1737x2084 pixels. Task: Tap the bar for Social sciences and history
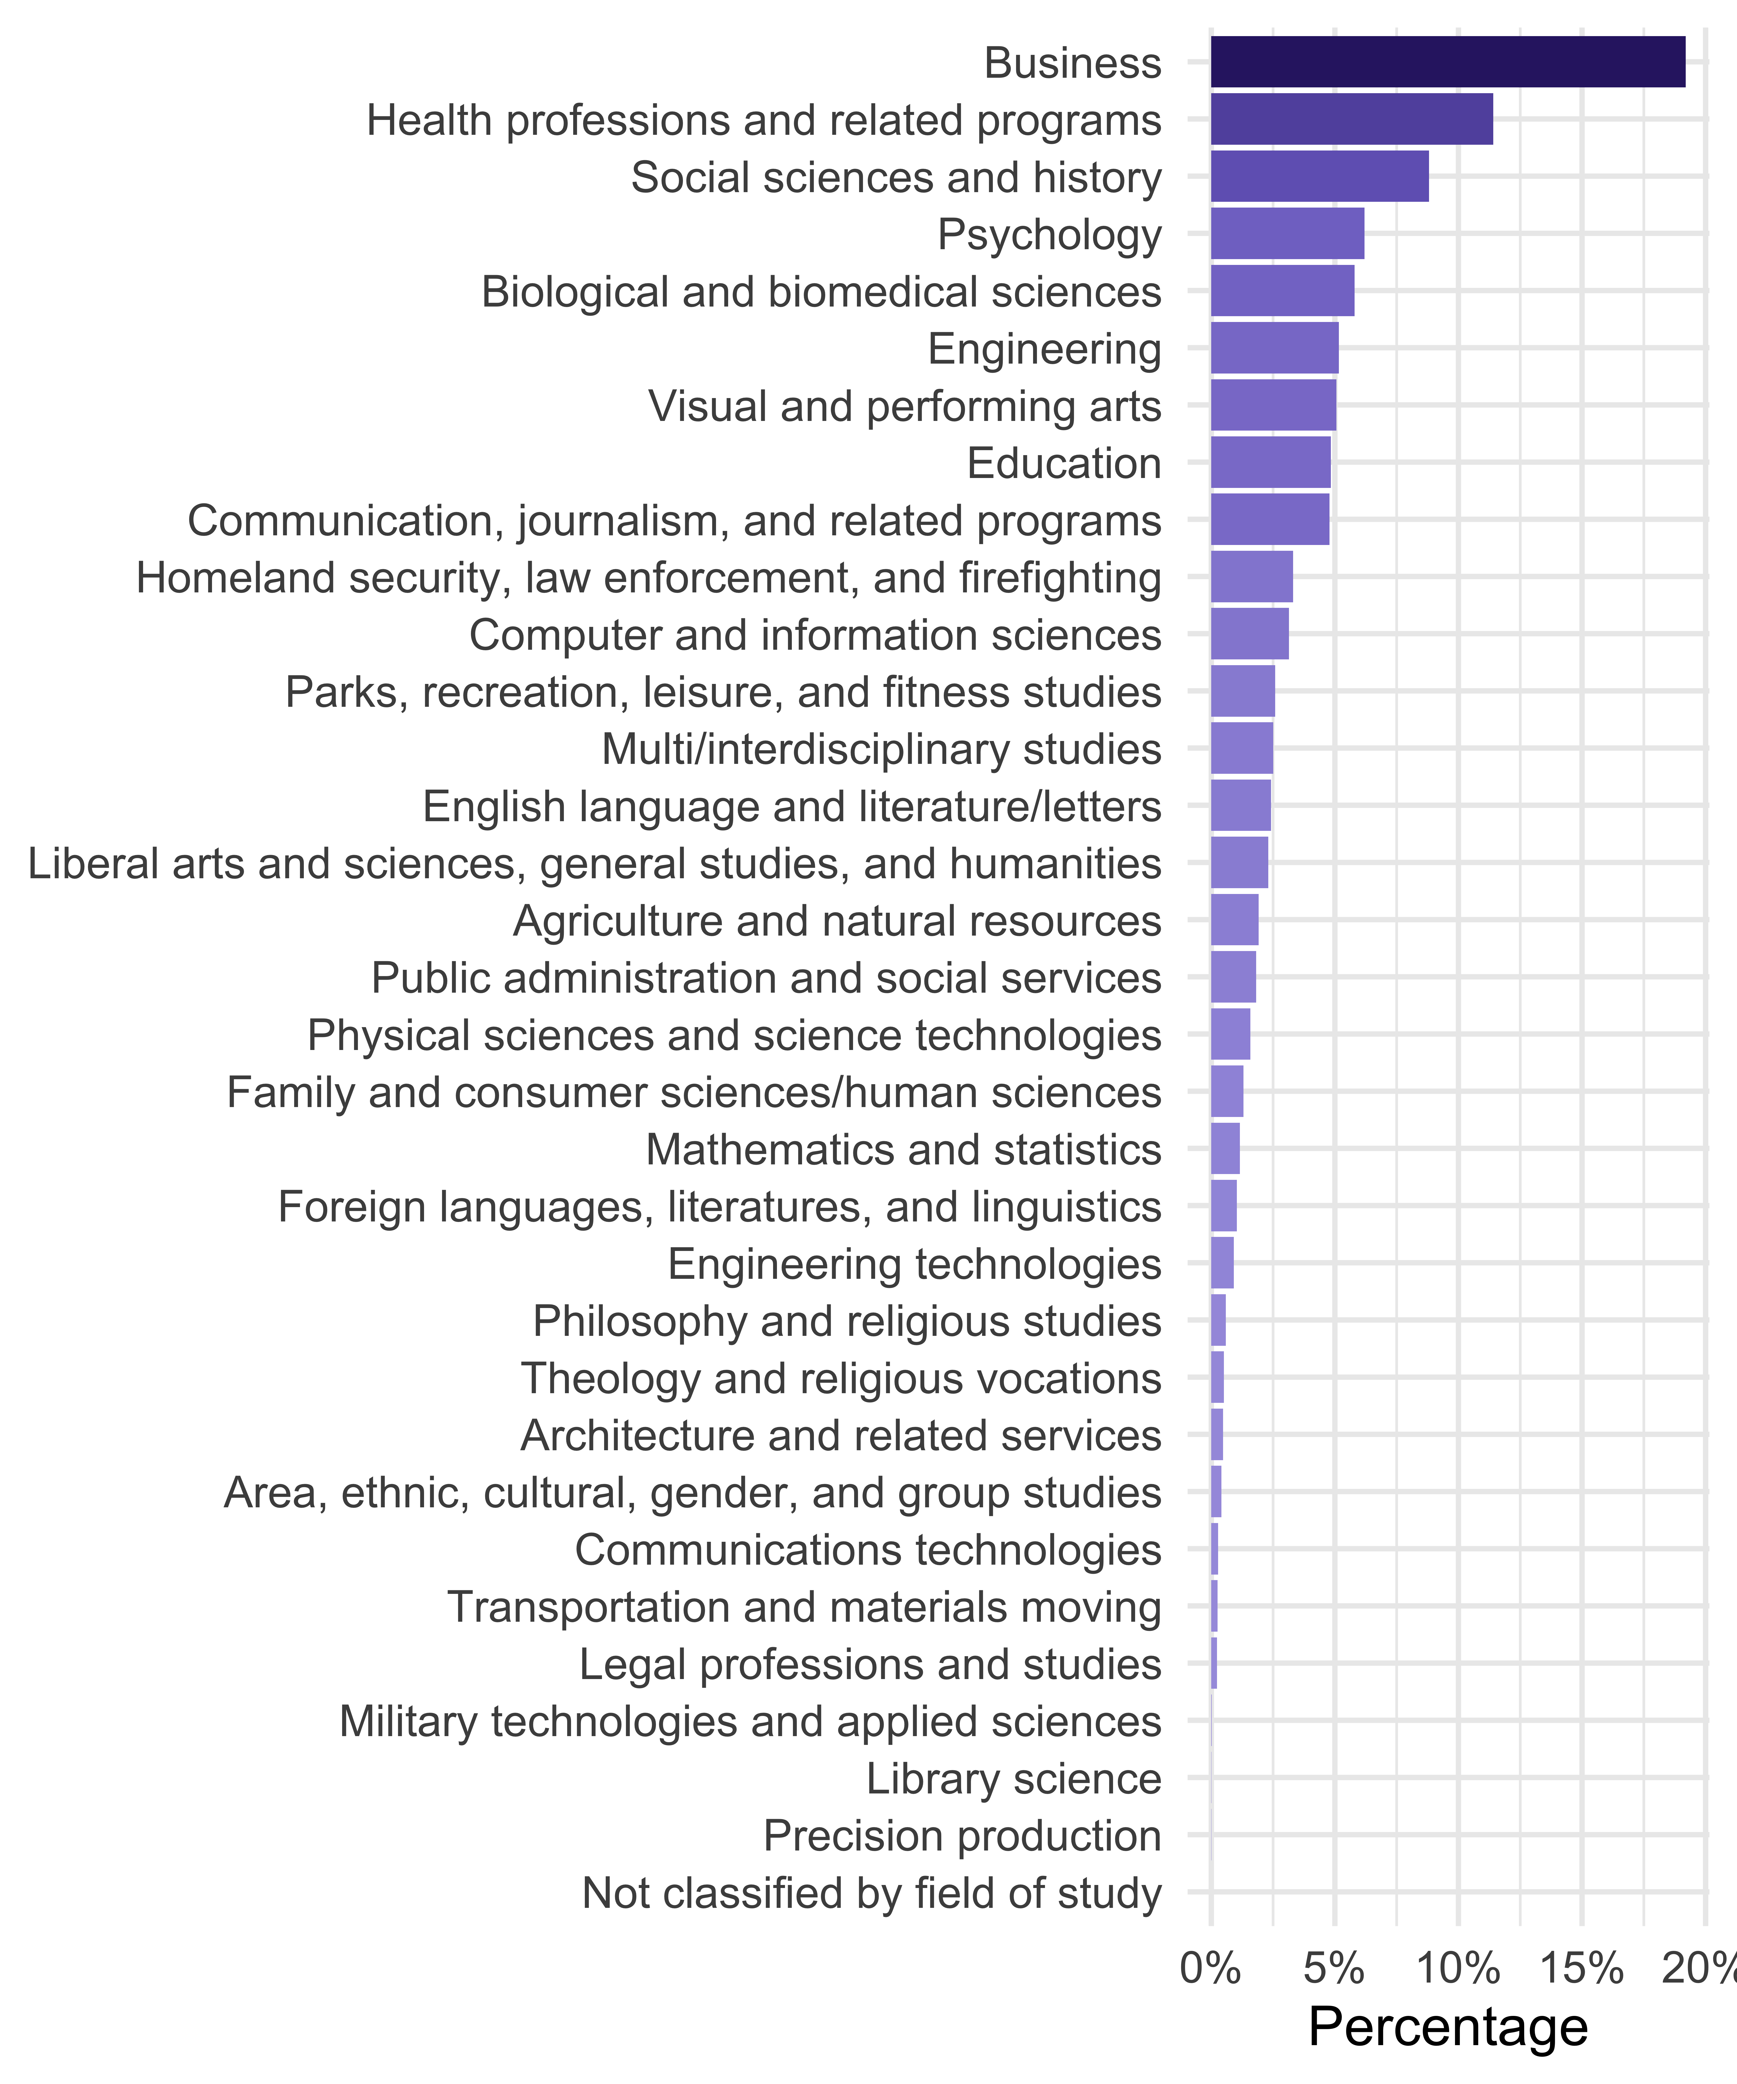click(1319, 177)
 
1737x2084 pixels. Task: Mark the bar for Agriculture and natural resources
click(1234, 920)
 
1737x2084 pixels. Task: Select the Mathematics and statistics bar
click(1225, 1149)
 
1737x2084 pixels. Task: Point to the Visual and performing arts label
click(904, 406)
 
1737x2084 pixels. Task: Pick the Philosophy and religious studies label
click(846, 1321)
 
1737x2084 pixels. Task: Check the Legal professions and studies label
click(870, 1664)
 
